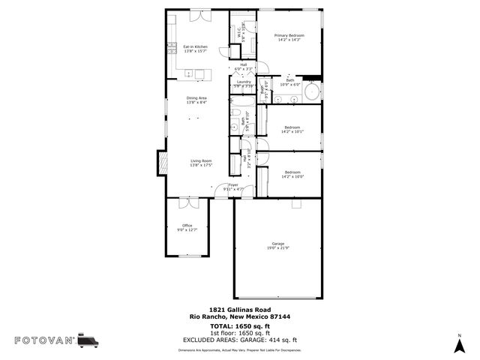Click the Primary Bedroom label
tap(289, 35)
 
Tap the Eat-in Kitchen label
tap(196, 46)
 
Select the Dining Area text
tap(197, 98)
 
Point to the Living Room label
tap(200, 160)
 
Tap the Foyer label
tap(233, 184)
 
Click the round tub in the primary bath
tap(313, 94)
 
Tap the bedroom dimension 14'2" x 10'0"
tap(292, 177)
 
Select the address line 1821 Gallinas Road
tap(239, 310)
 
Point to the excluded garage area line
tap(239, 340)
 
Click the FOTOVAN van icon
tap(88, 340)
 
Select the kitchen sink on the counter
tap(189, 73)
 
